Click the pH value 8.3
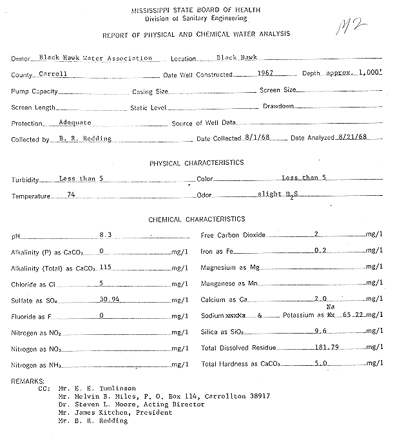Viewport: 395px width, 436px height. pos(106,236)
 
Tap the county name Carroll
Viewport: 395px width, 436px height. pos(53,74)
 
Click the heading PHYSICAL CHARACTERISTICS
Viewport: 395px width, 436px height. pos(197,163)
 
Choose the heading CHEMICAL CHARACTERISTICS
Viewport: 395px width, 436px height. pos(197,220)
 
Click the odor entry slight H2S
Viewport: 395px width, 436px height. pos(279,194)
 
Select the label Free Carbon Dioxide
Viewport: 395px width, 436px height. pos(233,236)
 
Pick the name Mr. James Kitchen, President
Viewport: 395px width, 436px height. pos(114,413)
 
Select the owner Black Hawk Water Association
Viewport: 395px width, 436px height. pos(95,57)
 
